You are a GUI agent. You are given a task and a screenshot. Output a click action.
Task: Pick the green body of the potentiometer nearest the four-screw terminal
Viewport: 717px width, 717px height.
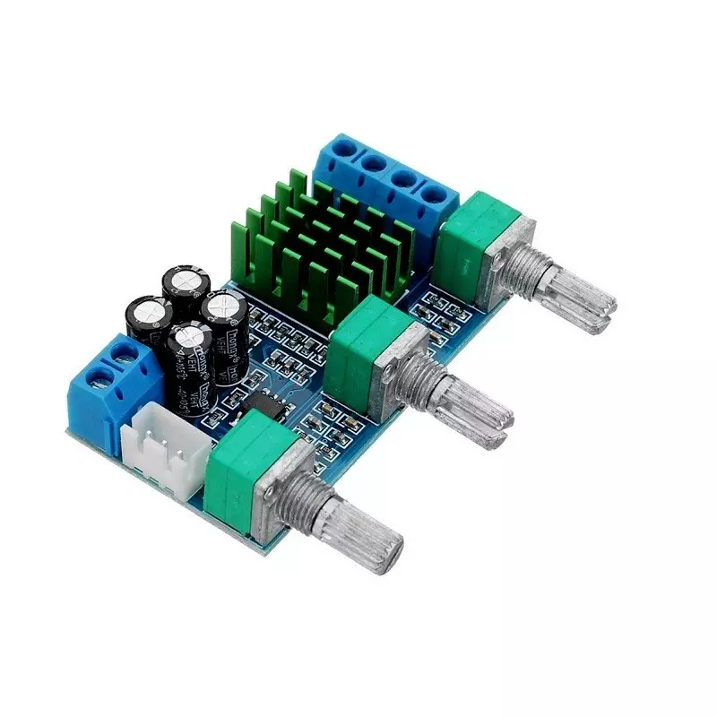(479, 242)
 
